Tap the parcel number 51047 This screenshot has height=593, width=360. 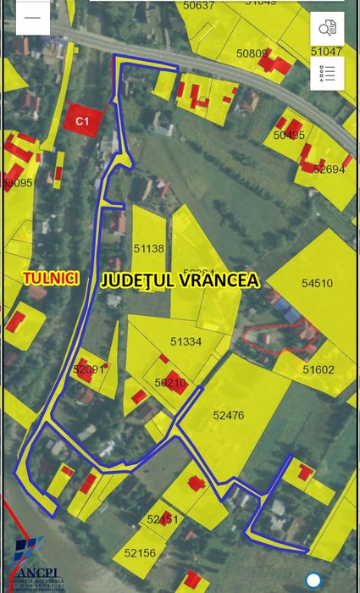tap(326, 52)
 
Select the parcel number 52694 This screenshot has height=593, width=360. tap(329, 169)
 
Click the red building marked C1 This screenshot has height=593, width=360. tap(83, 121)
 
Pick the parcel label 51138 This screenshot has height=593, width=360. tap(148, 249)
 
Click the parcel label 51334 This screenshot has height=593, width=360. tap(186, 342)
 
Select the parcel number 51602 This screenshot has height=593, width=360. tap(318, 369)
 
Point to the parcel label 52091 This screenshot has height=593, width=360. tap(88, 369)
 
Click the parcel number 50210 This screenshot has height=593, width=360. tap(170, 383)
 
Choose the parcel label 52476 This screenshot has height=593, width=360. tap(228, 415)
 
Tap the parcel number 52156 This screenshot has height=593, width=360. tap(140, 552)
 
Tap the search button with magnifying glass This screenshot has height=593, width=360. tap(327, 29)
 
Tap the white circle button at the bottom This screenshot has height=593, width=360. tap(314, 580)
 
